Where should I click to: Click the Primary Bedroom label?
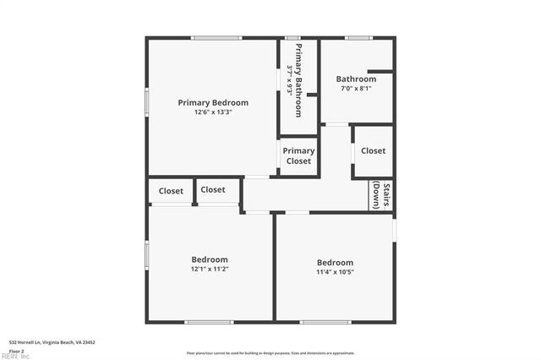(x=213, y=102)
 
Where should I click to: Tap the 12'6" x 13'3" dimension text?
(x=213, y=112)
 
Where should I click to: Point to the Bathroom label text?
(x=356, y=79)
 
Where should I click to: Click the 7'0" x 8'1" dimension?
(x=356, y=88)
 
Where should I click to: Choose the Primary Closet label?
(x=298, y=155)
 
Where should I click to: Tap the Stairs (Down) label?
(x=382, y=195)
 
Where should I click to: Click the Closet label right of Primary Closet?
(x=373, y=150)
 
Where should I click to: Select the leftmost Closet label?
(x=171, y=191)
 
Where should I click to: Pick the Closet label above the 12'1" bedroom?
(x=213, y=189)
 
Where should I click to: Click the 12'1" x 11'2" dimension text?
(x=210, y=269)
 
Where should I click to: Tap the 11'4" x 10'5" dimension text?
(x=335, y=272)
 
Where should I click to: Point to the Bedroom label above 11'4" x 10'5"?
(x=335, y=262)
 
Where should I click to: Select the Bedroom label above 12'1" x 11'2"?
(x=210, y=259)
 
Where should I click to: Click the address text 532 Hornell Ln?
(x=52, y=342)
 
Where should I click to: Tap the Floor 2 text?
(x=17, y=349)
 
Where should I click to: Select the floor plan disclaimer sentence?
(x=270, y=353)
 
